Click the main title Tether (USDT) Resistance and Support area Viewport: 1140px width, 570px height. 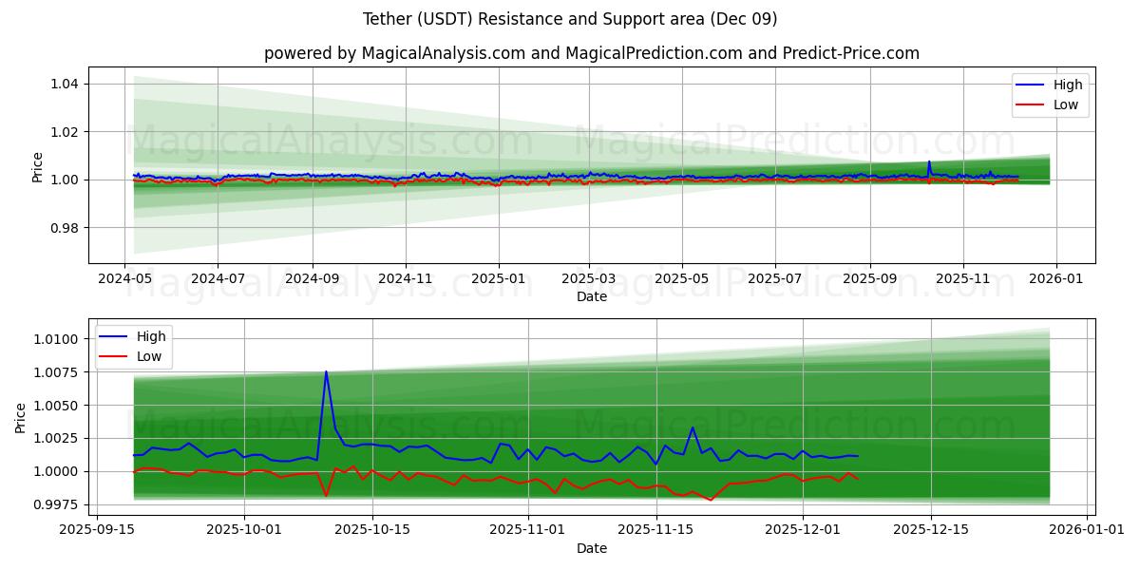pyautogui.click(x=570, y=19)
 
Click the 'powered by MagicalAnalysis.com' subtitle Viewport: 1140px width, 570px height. pyautogui.click(x=591, y=53)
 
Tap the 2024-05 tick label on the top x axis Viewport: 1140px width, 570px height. pyautogui.click(x=124, y=280)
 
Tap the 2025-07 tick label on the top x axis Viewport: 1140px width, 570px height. pyautogui.click(x=774, y=280)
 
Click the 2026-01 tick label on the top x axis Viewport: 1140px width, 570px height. pyautogui.click(x=1056, y=280)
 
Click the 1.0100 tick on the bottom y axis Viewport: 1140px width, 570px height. pyautogui.click(x=57, y=339)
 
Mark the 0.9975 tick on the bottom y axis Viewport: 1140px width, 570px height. pyautogui.click(x=57, y=504)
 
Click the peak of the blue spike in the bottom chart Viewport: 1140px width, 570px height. pyautogui.click(x=326, y=371)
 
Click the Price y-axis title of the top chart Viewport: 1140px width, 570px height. pyautogui.click(x=38, y=165)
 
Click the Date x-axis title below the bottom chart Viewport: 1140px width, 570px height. pyautogui.click(x=591, y=548)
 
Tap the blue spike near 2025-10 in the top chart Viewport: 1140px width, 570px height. pyautogui.click(x=929, y=162)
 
